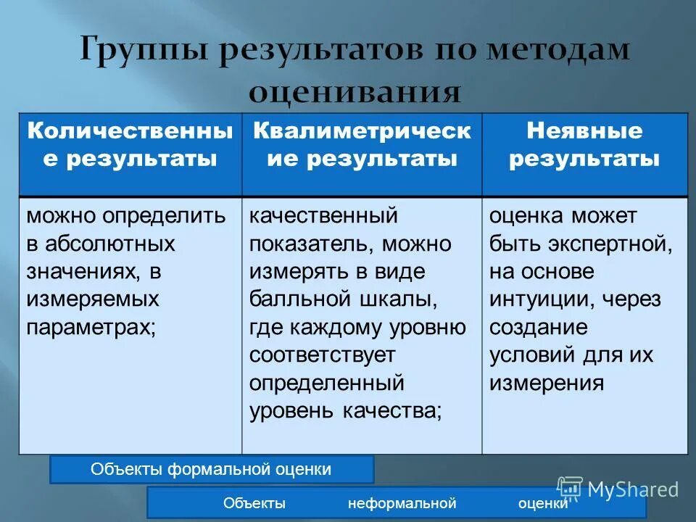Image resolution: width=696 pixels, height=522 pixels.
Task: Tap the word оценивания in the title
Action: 355,92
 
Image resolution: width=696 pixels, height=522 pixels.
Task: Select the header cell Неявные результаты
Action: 584,145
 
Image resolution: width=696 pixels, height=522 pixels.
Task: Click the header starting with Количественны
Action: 130,145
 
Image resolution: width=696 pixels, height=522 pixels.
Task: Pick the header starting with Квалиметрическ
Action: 362,145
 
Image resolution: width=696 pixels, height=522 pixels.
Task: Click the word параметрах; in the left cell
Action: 91,326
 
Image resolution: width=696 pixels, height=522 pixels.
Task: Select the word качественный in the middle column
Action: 323,216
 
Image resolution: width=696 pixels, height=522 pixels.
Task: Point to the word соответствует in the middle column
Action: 323,355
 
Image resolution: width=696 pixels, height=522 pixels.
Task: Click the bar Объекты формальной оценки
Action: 211,469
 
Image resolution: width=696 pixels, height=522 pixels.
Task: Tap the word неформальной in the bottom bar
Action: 402,503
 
